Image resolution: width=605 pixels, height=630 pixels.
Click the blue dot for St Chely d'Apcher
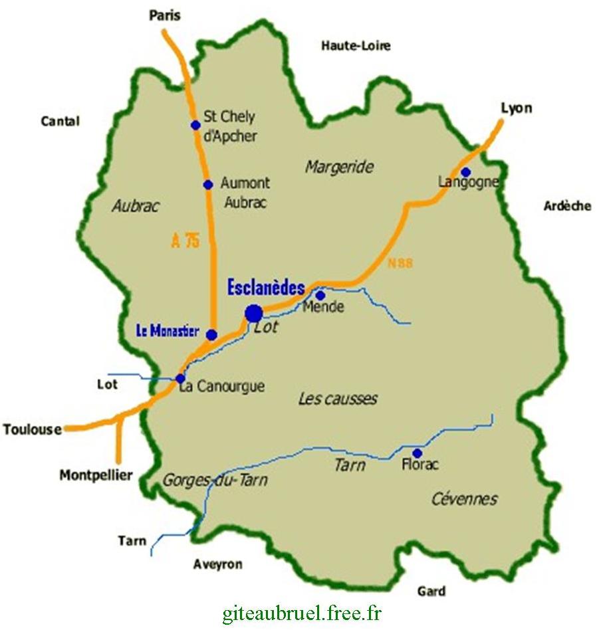point(195,125)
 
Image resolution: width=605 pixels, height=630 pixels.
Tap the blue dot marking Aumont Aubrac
point(207,185)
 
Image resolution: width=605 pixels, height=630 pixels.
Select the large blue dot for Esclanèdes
point(253,313)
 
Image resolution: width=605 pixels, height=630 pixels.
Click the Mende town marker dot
point(320,295)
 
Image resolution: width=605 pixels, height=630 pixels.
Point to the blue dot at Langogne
point(466,171)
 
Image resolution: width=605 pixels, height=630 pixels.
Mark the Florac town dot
point(417,453)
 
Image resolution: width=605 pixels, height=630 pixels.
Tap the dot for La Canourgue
point(180,378)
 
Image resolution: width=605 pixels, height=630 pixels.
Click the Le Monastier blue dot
point(211,335)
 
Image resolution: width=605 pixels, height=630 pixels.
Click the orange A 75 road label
point(185,241)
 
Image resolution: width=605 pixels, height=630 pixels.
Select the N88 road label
point(400,264)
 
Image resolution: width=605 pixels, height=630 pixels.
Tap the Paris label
point(165,15)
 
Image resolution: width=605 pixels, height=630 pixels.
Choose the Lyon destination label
point(517,108)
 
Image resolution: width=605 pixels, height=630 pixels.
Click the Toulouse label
point(32,429)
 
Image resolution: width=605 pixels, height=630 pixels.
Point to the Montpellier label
point(96,475)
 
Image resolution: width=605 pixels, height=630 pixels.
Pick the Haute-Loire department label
point(356,46)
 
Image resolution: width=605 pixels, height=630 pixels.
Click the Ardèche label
point(567,206)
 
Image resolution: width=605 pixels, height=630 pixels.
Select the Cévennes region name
point(464,499)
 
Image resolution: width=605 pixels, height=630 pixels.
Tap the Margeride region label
point(339,167)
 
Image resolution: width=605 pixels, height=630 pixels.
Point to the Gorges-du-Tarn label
point(215,480)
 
